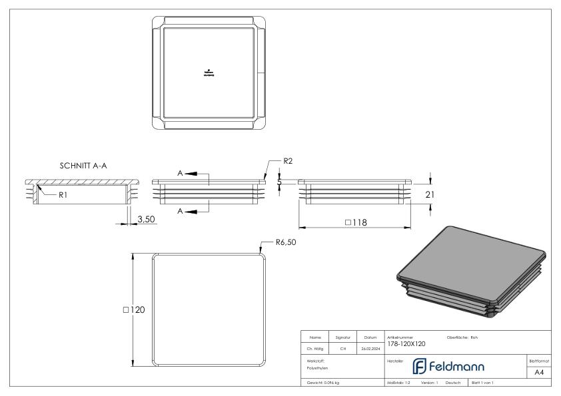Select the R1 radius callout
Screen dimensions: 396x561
(x=63, y=196)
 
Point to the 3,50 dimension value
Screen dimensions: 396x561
(x=147, y=218)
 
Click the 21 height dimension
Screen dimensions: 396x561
(x=430, y=195)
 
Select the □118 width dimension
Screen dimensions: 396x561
(x=356, y=223)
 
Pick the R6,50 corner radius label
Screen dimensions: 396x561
(x=285, y=242)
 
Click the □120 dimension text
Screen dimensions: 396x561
(x=134, y=309)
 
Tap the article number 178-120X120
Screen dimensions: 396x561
(x=406, y=344)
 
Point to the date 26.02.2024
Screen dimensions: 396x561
(x=370, y=347)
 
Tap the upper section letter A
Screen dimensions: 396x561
(x=179, y=172)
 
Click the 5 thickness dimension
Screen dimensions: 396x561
(x=280, y=181)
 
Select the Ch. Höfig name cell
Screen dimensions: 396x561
(x=316, y=347)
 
